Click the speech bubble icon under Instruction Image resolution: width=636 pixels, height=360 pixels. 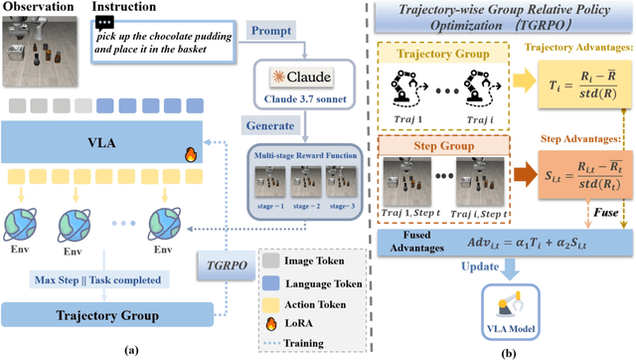(107, 21)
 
